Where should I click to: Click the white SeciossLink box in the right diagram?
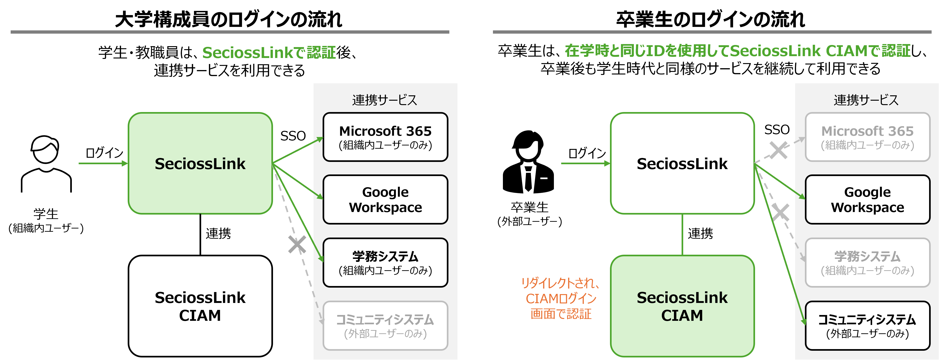click(682, 163)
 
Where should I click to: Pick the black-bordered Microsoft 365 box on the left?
click(385, 137)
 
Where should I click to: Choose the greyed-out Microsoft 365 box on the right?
click(867, 137)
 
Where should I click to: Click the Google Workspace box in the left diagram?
click(385, 199)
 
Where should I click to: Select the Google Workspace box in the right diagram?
click(867, 199)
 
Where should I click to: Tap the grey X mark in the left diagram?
click(297, 245)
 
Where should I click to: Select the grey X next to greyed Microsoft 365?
click(778, 150)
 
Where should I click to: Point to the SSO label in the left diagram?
click(293, 136)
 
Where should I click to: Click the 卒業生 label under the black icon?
click(529, 207)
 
